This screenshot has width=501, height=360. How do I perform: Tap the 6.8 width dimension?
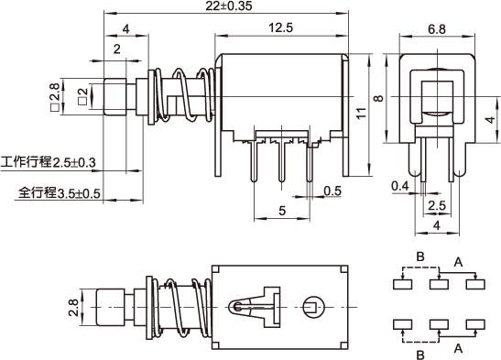coord(437,29)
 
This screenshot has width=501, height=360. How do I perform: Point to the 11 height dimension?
coord(362,114)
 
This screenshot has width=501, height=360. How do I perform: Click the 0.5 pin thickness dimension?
coord(332,191)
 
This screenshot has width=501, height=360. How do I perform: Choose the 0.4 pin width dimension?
coord(400,186)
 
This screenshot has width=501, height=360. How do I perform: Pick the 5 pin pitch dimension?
coord(282,211)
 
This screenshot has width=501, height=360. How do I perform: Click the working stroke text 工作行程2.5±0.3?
coord(49,162)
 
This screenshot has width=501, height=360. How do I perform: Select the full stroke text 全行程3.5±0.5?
coord(60,193)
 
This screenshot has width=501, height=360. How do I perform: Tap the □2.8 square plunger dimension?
coord(55,97)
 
